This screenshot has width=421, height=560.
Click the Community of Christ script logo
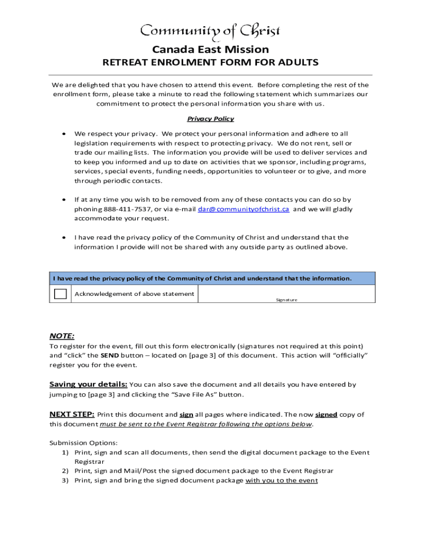[210, 31]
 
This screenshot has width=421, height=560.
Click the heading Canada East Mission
[210, 49]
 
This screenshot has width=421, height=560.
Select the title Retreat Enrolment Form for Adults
[210, 62]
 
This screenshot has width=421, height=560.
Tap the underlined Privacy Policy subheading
[210, 119]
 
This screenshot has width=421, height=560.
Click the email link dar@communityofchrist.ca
[243, 209]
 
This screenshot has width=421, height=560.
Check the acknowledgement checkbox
[60, 294]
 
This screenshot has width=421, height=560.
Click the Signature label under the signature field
[286, 300]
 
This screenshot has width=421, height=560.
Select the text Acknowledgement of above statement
[134, 294]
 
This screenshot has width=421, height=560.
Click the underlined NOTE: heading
[62, 336]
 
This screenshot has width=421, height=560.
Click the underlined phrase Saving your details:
[89, 384]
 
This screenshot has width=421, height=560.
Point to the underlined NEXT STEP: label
[72, 414]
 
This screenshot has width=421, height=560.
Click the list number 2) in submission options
[65, 471]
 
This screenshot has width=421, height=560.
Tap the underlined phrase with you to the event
[282, 480]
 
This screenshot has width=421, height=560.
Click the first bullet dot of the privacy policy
[65, 133]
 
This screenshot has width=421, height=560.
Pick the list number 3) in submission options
[65, 480]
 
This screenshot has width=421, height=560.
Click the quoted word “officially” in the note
[348, 355]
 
